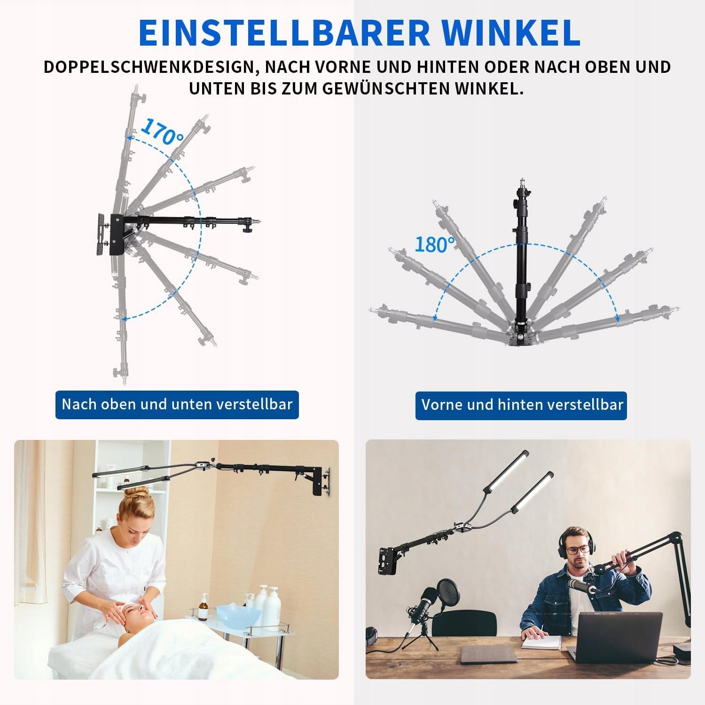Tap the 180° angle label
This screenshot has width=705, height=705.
click(435, 244)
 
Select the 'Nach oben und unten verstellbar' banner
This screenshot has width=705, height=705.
click(177, 405)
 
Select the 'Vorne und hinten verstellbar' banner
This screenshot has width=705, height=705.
click(521, 405)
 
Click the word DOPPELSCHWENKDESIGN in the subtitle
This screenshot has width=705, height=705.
click(150, 67)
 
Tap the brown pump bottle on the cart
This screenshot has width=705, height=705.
click(203, 607)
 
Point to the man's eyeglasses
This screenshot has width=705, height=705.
click(577, 549)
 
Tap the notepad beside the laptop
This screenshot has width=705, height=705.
click(541, 642)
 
